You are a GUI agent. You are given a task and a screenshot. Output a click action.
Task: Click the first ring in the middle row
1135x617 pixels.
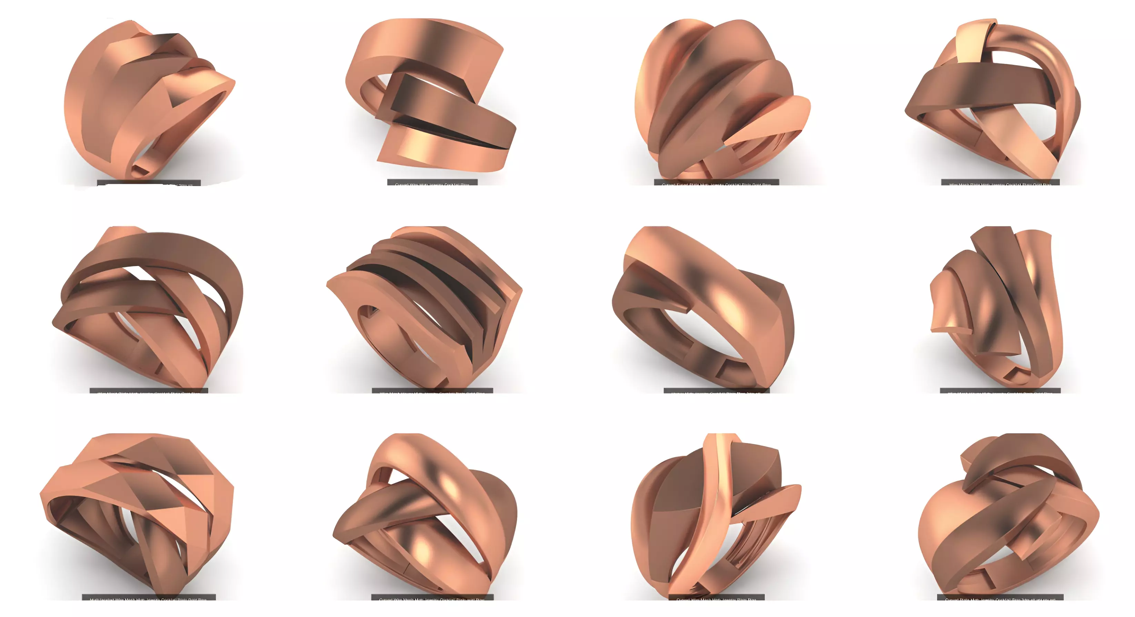tap(150, 308)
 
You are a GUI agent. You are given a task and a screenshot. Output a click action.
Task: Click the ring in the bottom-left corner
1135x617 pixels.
tap(137, 515)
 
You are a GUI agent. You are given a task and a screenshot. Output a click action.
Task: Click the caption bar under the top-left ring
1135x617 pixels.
tap(149, 183)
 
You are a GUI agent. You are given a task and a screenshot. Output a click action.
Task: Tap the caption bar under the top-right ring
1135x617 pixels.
tap(1000, 182)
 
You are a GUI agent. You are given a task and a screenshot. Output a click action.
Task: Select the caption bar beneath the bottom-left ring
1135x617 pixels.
tap(149, 598)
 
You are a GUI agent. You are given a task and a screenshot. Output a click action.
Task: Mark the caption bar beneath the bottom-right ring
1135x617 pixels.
tap(1000, 598)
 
